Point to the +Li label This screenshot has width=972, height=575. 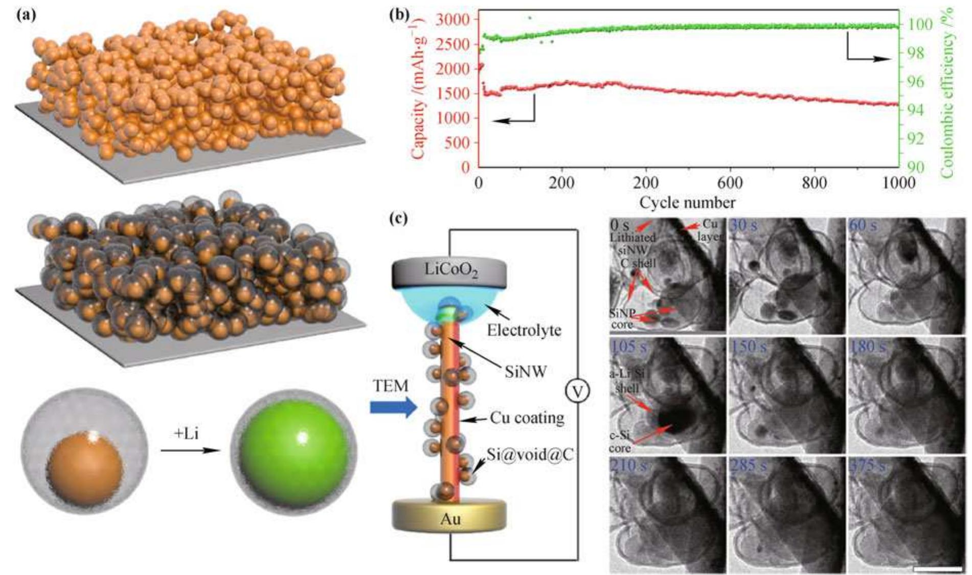pos(186,434)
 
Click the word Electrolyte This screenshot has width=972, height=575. pos(524,330)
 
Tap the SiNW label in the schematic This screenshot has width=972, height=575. pos(525,372)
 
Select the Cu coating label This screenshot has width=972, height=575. pos(527,418)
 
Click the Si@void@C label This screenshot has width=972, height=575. pos(530,454)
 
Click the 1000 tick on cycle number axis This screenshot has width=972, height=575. pos(898,183)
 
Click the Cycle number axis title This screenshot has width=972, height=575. pos(687,202)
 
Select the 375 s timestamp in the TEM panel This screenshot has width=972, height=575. pos(864,466)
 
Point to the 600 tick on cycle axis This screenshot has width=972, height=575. pos(730,183)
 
